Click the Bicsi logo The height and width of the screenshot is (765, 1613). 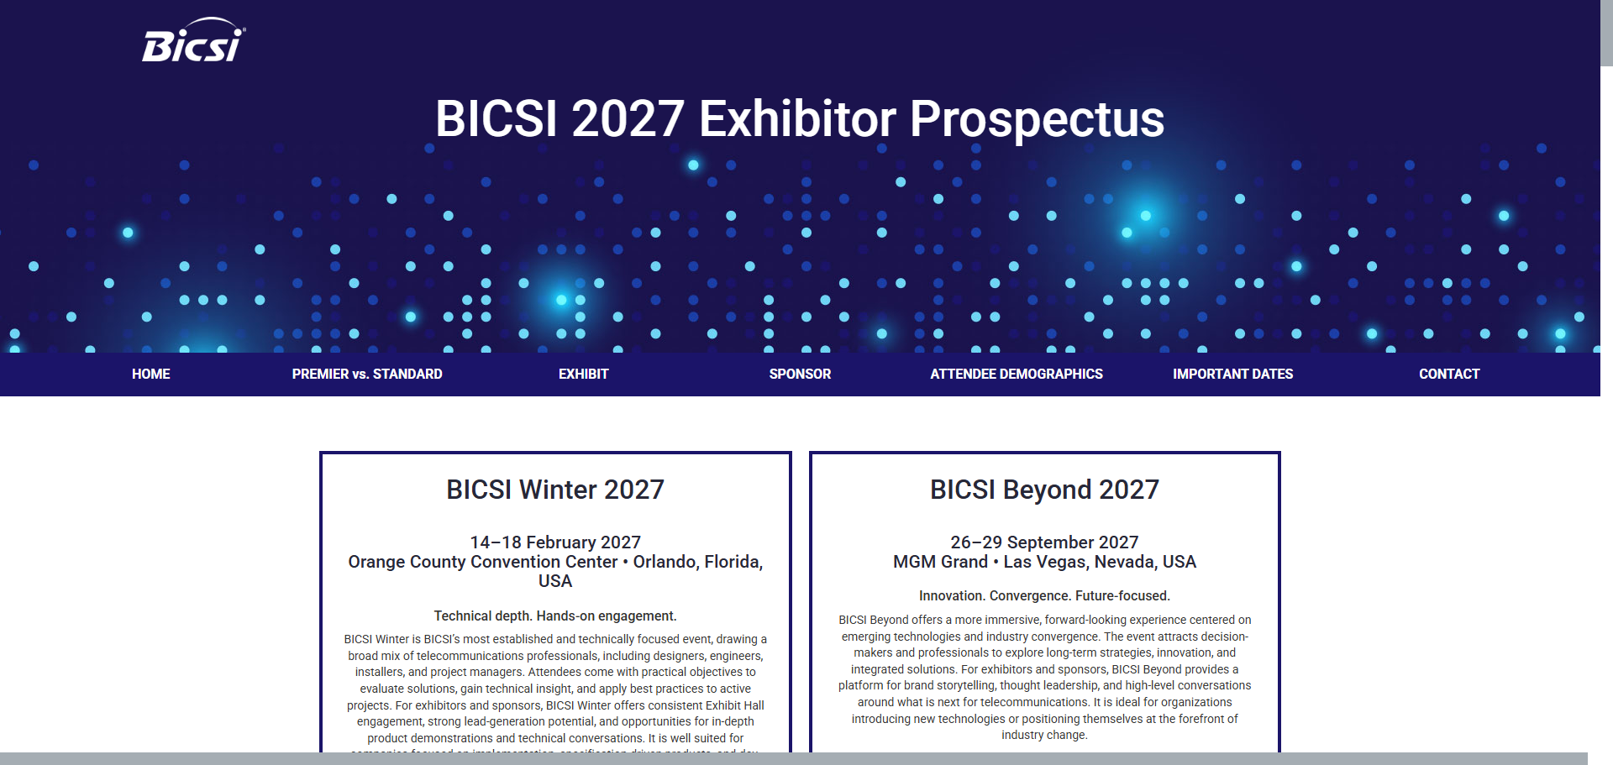[x=193, y=42]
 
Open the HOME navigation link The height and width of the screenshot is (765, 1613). [x=151, y=375]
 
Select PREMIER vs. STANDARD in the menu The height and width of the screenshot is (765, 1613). [x=367, y=375]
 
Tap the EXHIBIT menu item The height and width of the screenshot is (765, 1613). [x=583, y=375]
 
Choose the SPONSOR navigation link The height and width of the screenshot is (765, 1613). [x=800, y=375]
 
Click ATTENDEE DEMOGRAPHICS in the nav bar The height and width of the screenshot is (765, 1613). [x=1017, y=375]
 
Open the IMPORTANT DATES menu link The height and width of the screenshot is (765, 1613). [x=1232, y=375]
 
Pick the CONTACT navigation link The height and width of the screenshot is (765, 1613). [x=1449, y=375]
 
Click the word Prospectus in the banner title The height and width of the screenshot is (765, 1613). [x=1037, y=119]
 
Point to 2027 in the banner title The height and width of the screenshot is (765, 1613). [x=628, y=119]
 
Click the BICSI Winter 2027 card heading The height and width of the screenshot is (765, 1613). [x=555, y=490]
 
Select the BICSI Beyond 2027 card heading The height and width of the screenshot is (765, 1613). [x=1044, y=490]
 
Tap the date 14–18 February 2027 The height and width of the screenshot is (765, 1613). [x=555, y=542]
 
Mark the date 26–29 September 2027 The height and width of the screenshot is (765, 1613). [x=1044, y=542]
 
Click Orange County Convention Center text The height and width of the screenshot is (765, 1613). [x=482, y=562]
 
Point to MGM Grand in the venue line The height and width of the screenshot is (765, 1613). [x=940, y=562]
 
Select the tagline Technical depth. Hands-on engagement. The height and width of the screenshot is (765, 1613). [x=555, y=616]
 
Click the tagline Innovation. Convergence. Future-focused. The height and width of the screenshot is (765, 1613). [x=1044, y=596]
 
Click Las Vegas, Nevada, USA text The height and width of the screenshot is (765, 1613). [x=1100, y=562]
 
